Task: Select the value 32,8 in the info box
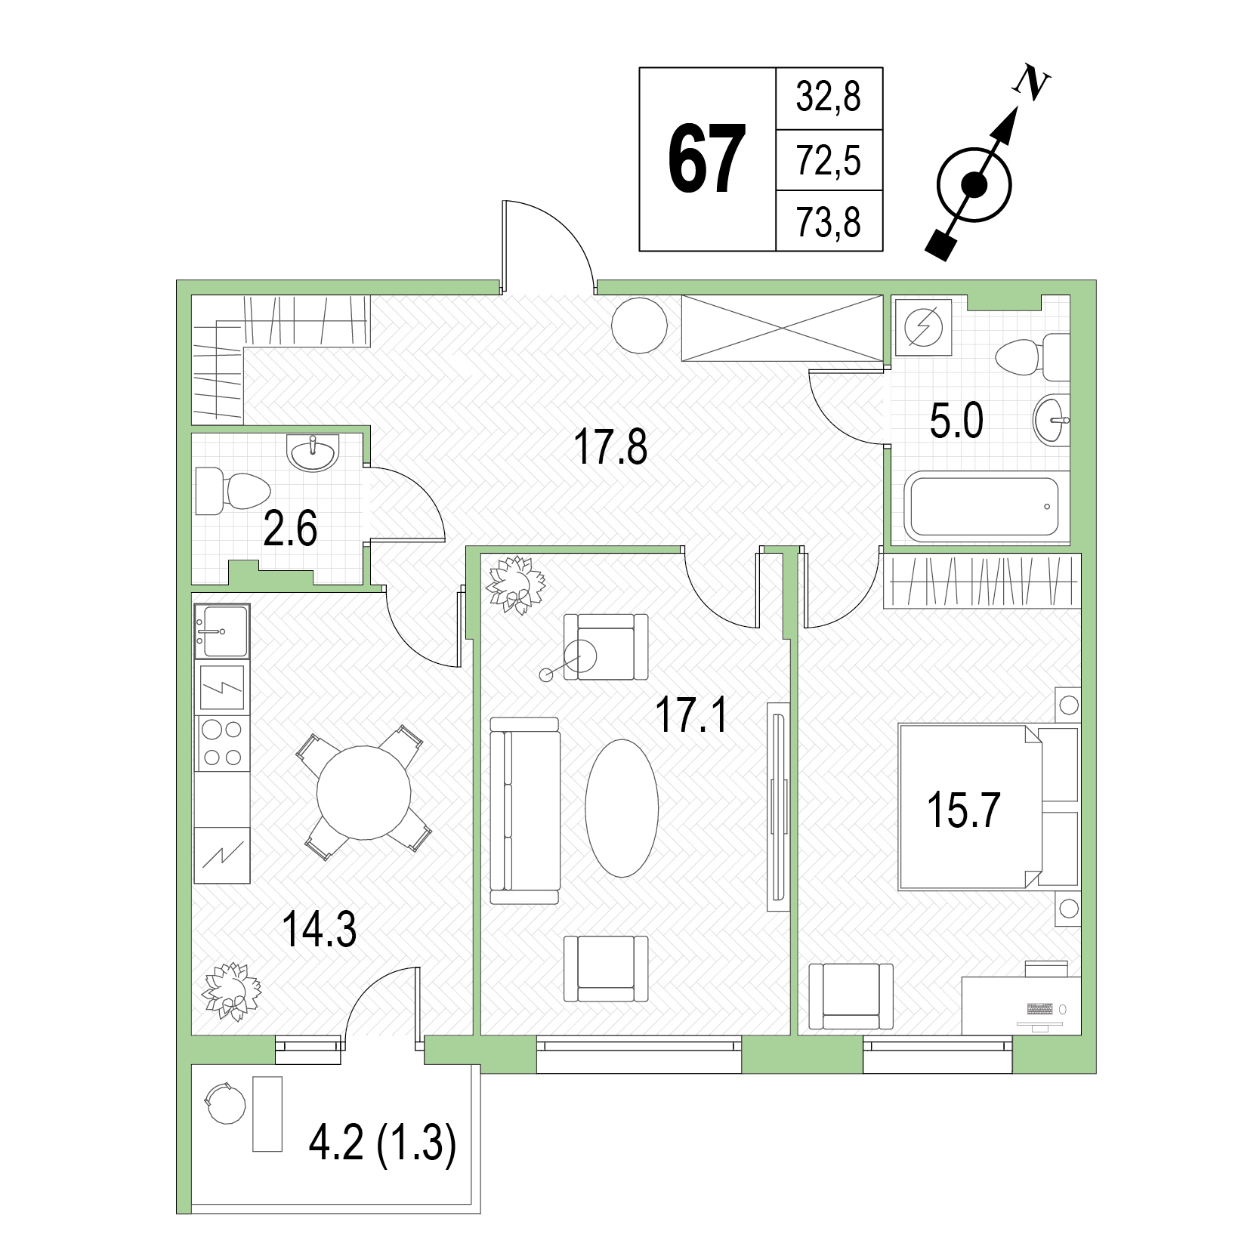click(828, 97)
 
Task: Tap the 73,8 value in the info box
click(828, 222)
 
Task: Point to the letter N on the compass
click(1029, 82)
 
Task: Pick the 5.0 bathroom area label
click(956, 421)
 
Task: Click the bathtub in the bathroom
click(983, 507)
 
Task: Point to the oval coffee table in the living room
click(622, 807)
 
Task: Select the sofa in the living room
click(525, 810)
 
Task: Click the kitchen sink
click(221, 631)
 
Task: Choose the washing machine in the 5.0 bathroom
click(922, 326)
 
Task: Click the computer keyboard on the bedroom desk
click(1040, 1008)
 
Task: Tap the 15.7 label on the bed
click(963, 811)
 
